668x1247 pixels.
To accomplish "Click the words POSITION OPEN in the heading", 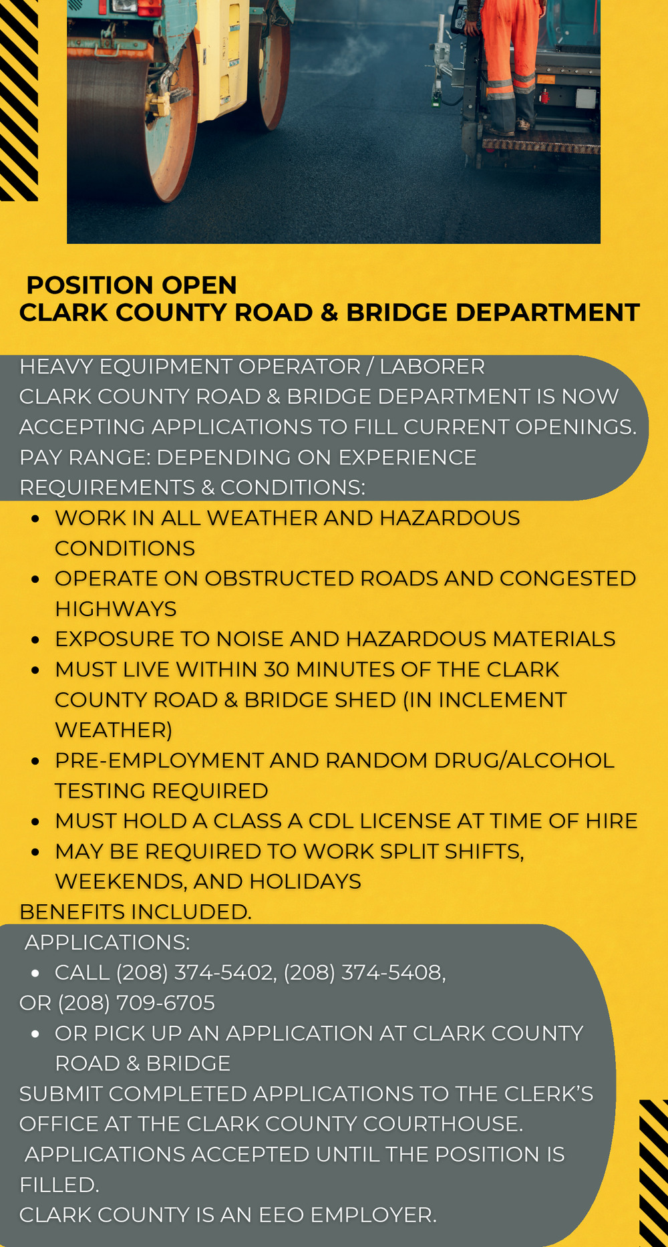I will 132,285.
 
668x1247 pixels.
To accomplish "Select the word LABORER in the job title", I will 432,367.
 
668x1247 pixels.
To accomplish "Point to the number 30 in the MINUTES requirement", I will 277,670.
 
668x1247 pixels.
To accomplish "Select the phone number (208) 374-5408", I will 363,972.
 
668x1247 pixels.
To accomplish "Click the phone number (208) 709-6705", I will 136,1003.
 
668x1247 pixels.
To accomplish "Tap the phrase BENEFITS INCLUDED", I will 135,912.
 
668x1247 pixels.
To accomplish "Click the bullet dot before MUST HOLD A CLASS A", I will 35,822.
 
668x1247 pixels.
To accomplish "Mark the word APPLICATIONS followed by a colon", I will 107,943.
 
